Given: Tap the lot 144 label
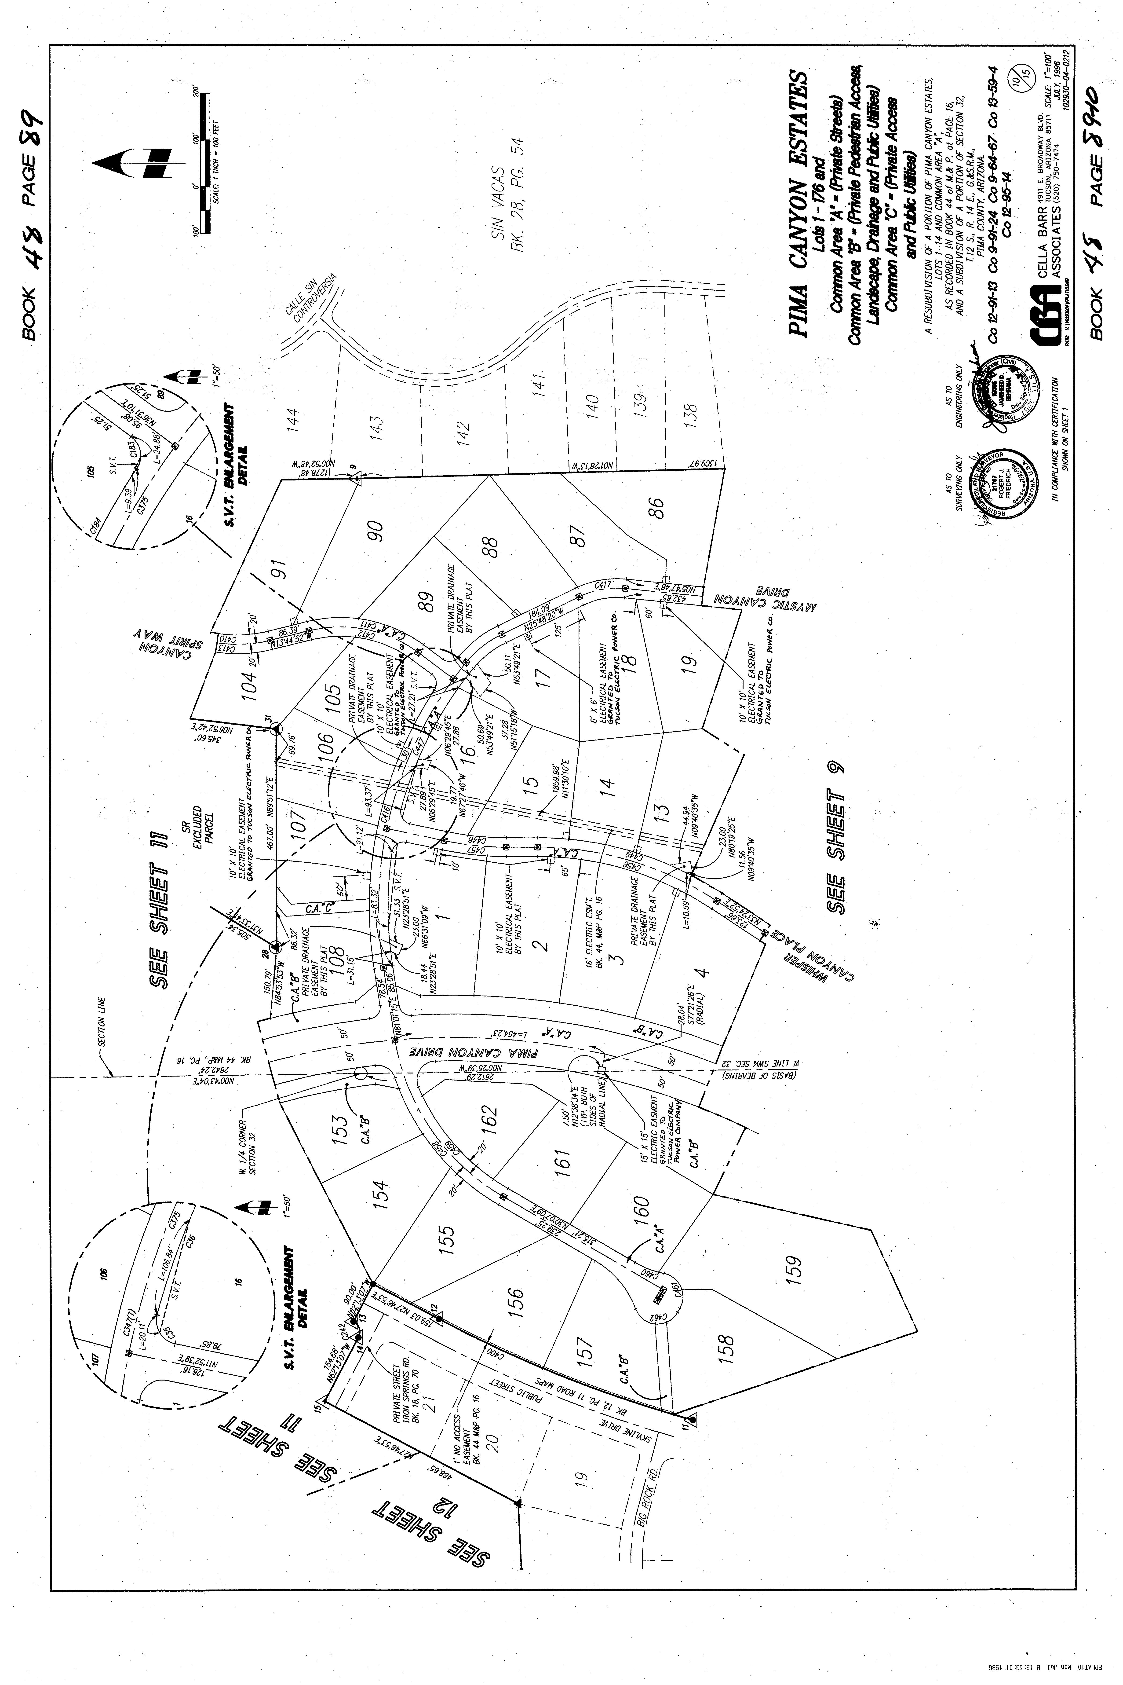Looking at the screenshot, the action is point(291,417).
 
